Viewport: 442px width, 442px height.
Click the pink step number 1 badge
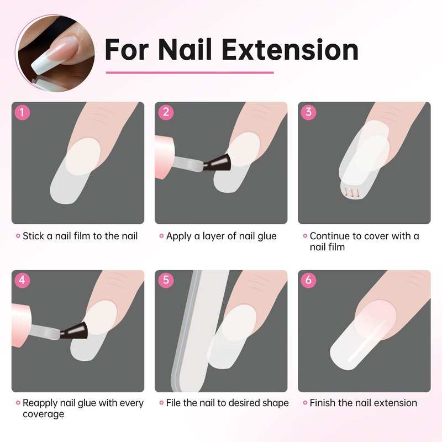tap(22, 113)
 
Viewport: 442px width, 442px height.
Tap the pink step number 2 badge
tap(166, 113)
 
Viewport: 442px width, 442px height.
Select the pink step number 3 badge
tap(309, 113)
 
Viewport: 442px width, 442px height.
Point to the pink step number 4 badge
tap(22, 280)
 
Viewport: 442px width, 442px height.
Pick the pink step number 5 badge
tap(166, 280)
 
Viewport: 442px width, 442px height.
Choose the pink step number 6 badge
tap(309, 280)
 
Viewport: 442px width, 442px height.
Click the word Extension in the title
tap(290, 50)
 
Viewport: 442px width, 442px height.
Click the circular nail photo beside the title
tap(55, 53)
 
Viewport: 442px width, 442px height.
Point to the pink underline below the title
tap(190, 73)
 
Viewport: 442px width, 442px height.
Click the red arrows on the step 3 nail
tap(352, 193)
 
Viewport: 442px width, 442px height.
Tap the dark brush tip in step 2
tap(217, 163)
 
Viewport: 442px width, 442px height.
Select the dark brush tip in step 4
tap(74, 331)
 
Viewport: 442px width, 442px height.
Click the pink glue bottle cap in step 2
tap(165, 157)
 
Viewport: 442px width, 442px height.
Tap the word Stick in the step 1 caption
tap(33, 236)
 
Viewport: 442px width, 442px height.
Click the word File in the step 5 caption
tap(173, 403)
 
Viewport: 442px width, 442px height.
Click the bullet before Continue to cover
tap(305, 236)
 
